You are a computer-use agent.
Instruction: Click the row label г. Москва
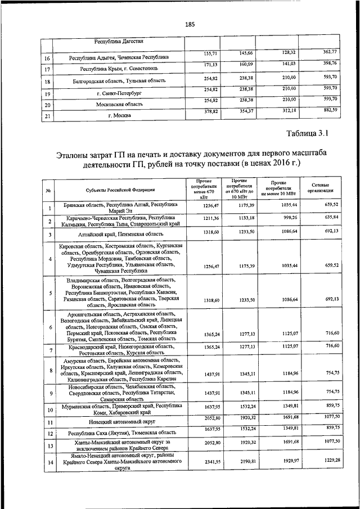[x=119, y=116]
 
